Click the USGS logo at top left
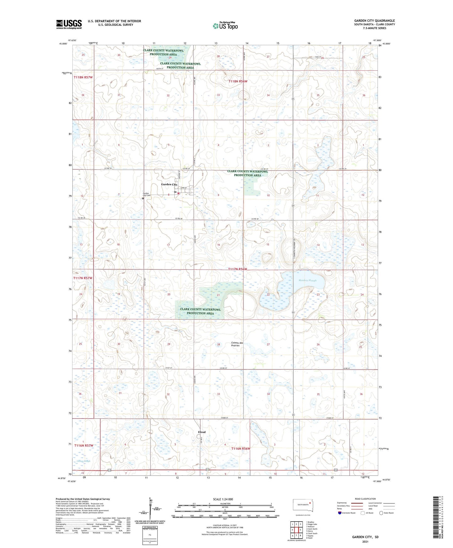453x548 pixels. click(69, 24)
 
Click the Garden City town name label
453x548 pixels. click(169, 185)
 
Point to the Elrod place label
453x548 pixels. click(202, 432)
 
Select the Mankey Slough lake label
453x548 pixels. click(307, 280)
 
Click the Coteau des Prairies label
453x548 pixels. click(237, 344)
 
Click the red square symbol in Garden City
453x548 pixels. click(178, 194)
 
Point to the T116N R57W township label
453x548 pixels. click(84, 445)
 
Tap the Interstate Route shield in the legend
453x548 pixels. click(340, 513)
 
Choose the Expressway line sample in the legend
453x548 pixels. click(357, 502)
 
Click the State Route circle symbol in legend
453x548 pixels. click(381, 513)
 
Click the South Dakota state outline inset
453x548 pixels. click(303, 505)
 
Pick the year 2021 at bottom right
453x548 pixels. click(365, 541)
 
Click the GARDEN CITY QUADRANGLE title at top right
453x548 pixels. click(374, 21)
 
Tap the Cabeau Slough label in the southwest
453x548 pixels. click(83, 461)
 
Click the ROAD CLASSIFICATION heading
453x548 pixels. click(365, 499)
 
